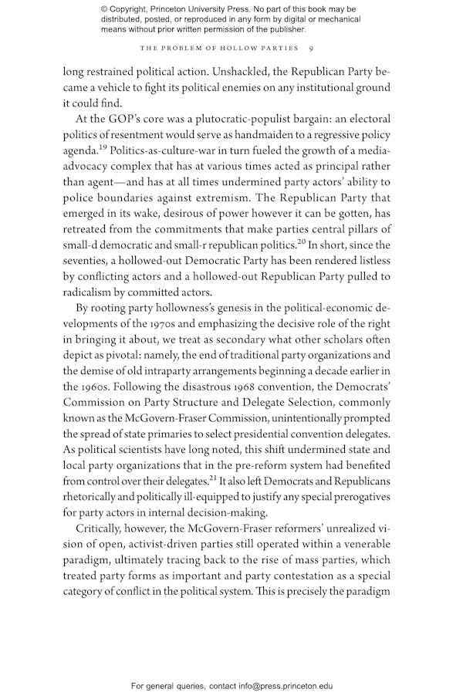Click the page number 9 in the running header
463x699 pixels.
point(309,48)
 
